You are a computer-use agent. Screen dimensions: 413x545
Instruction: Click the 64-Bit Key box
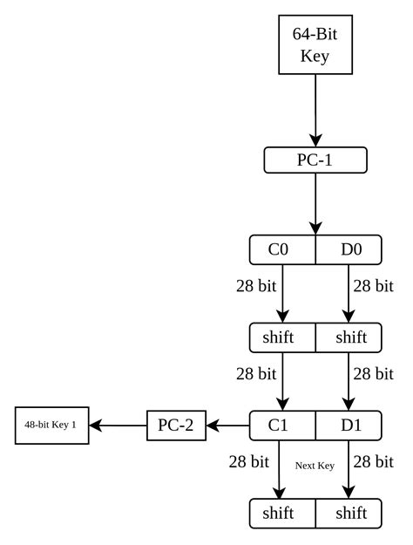click(315, 44)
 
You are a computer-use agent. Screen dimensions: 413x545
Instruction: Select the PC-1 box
click(315, 160)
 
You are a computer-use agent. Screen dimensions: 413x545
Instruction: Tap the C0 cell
click(282, 249)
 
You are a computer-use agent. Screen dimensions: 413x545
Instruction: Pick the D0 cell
click(349, 249)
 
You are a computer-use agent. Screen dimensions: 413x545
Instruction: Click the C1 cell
click(282, 426)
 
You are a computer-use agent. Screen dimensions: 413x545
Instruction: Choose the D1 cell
click(349, 426)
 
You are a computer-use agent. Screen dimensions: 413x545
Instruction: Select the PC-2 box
click(177, 426)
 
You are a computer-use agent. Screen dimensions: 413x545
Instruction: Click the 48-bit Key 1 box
click(51, 426)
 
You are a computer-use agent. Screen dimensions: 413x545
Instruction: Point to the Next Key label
click(315, 466)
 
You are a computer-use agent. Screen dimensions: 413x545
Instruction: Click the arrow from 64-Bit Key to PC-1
click(315, 111)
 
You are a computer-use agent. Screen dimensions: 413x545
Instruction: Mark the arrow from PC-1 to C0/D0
click(315, 204)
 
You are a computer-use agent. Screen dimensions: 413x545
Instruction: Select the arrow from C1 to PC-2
click(228, 426)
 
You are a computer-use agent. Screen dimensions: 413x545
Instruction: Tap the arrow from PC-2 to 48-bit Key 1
click(118, 426)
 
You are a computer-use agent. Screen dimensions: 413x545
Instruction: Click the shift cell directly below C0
click(282, 337)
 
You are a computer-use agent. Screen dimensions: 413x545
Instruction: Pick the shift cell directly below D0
click(349, 337)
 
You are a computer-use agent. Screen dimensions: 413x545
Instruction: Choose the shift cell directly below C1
click(282, 514)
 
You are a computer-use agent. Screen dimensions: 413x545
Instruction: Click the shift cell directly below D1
click(349, 514)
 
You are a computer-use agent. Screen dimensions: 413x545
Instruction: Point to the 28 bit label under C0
click(256, 286)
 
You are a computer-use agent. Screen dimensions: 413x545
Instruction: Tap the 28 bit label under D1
click(374, 462)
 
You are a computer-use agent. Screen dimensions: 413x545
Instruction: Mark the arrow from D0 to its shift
click(349, 294)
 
